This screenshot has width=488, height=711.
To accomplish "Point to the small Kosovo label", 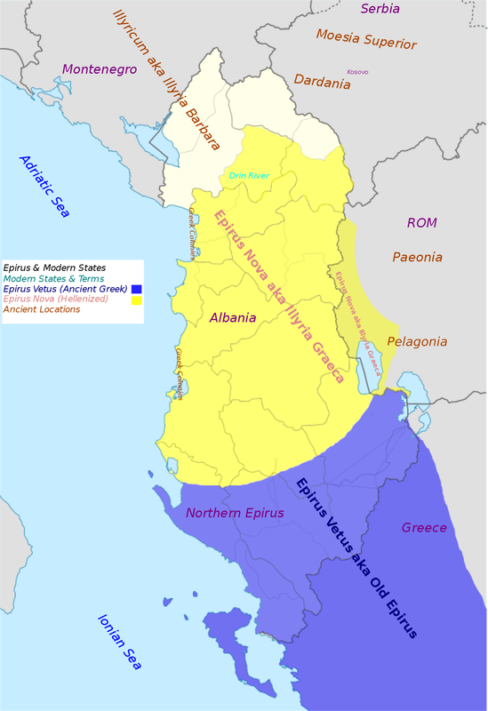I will pyautogui.click(x=357, y=71).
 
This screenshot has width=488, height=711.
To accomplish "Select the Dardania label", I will pyautogui.click(x=322, y=83).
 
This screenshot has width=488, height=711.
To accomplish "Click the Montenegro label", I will pyautogui.click(x=98, y=68).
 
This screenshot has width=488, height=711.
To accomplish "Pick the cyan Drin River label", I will pyautogui.click(x=249, y=176).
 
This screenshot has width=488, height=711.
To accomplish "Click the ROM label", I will pyautogui.click(x=422, y=222).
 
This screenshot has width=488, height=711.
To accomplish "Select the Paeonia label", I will pyautogui.click(x=417, y=257).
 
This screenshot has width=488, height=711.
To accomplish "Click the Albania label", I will pyautogui.click(x=233, y=317).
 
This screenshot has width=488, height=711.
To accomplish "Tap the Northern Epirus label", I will pyautogui.click(x=235, y=513).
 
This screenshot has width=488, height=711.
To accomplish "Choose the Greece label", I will pyautogui.click(x=424, y=527).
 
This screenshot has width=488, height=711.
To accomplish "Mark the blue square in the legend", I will pyautogui.click(x=137, y=289).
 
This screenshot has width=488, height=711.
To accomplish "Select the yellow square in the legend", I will pyautogui.click(x=137, y=300).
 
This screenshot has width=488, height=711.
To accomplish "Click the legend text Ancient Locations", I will pyautogui.click(x=42, y=309).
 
